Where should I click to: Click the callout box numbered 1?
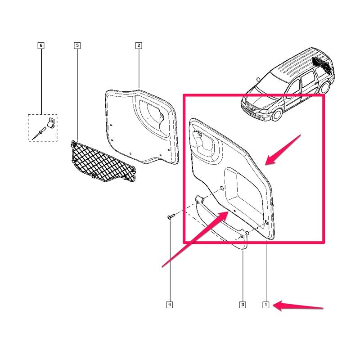click(x=265, y=305)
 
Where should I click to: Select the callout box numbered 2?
click(x=139, y=45)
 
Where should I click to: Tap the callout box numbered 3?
click(x=243, y=305)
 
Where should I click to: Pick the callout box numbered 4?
click(x=170, y=305)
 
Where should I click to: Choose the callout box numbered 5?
click(x=77, y=45)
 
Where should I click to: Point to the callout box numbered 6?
click(x=41, y=45)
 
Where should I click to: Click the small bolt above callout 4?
click(x=171, y=216)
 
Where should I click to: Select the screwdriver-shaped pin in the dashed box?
click(x=39, y=133)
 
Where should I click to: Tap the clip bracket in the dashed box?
click(x=51, y=122)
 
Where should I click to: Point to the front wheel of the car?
click(x=277, y=115)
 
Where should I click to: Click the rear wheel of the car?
click(x=325, y=87)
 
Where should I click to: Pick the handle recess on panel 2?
click(x=152, y=115)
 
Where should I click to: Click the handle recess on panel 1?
click(x=205, y=144)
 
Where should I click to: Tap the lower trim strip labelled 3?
click(x=221, y=223)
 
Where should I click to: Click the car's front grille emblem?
click(x=251, y=107)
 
